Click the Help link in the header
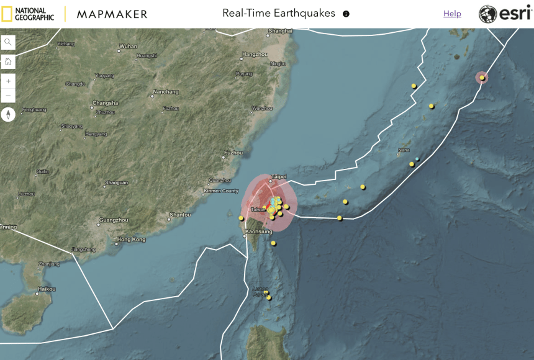(452, 14)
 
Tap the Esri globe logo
(487, 14)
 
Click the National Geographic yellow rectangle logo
(7, 14)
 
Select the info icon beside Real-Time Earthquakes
(346, 14)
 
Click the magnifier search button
(8, 42)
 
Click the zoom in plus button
(8, 81)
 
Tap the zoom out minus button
(8, 96)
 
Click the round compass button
(8, 114)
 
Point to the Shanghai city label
(281, 30)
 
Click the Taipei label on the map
(278, 177)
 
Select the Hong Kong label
(131, 239)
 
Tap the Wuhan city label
(128, 46)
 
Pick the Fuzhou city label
(233, 153)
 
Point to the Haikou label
(47, 289)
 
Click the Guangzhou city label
(113, 220)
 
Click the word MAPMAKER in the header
(112, 14)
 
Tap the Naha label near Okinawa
(404, 150)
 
